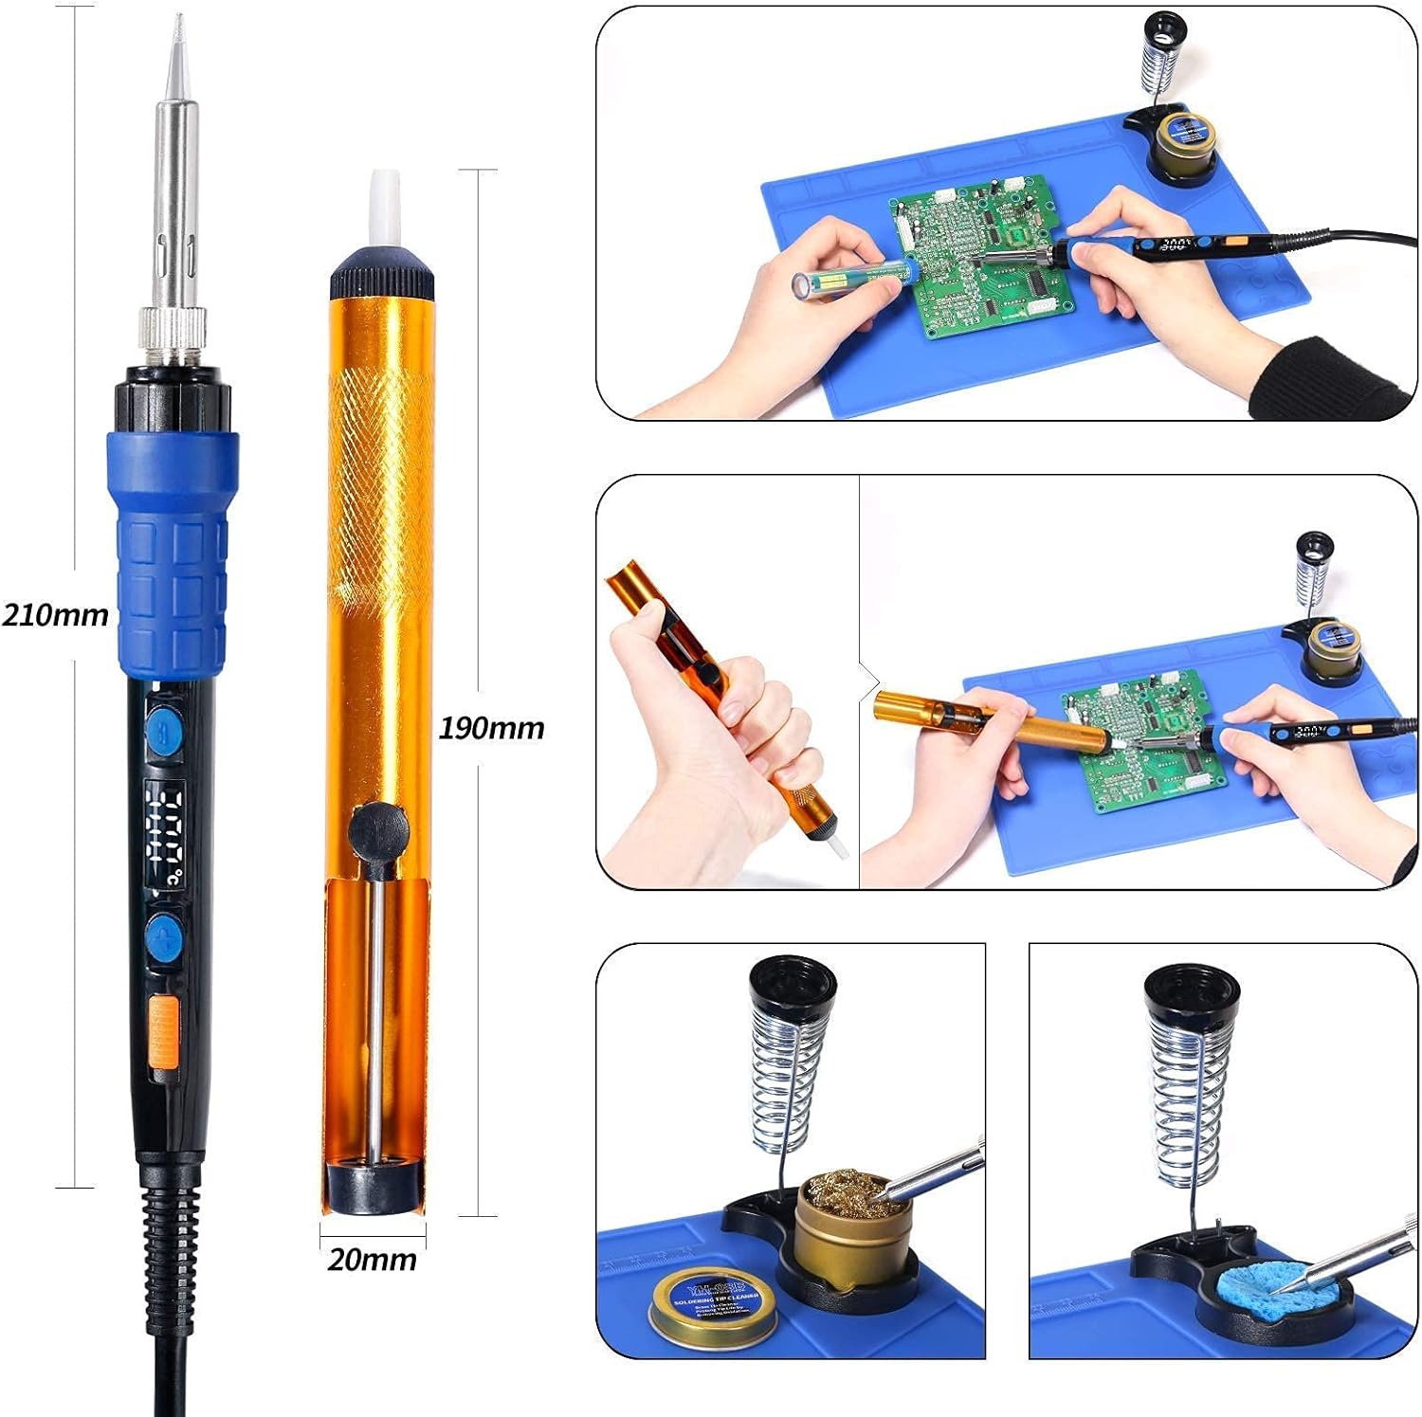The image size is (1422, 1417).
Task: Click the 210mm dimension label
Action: tap(55, 615)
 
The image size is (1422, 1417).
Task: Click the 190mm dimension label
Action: tap(491, 728)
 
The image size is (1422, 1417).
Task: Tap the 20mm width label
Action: tap(372, 1260)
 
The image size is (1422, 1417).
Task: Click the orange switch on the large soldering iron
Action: tap(164, 1039)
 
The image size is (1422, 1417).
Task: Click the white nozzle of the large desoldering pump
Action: tap(383, 209)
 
